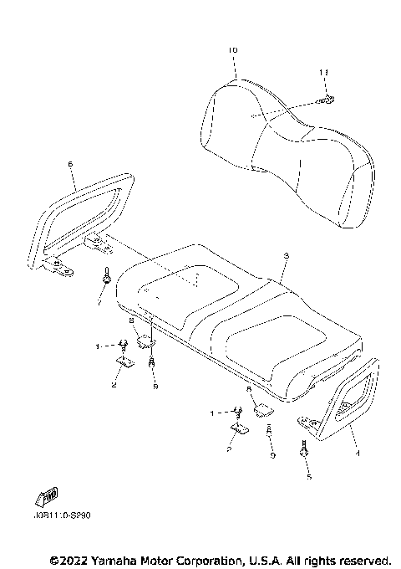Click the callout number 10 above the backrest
pyautogui.click(x=232, y=50)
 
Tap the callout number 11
pyautogui.click(x=323, y=74)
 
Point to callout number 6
pyautogui.click(x=70, y=164)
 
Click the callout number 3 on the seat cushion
pyautogui.click(x=286, y=255)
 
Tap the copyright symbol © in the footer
pyautogui.click(x=54, y=559)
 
